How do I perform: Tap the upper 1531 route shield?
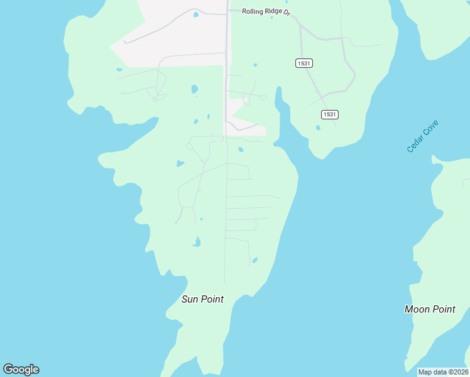[304, 63]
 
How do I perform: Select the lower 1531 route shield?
[330, 114]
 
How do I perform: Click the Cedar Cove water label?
[422, 136]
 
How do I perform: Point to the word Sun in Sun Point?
[190, 299]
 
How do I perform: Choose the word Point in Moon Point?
[444, 309]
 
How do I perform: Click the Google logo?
[21, 369]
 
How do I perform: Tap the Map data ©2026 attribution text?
[443, 372]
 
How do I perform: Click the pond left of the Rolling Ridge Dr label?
[197, 14]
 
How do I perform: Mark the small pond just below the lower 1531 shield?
[318, 128]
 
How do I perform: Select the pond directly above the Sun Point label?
[197, 242]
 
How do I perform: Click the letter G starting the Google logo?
[8, 369]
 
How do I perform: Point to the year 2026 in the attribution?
[459, 372]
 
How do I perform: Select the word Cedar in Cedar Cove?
[415, 144]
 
